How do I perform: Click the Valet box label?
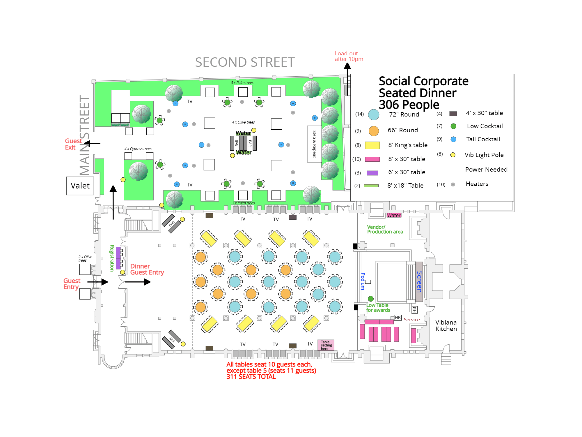80,186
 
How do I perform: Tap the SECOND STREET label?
245,62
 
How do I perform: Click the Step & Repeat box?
314,144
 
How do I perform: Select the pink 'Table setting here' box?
326,345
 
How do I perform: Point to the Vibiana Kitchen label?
446,326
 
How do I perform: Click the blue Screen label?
419,282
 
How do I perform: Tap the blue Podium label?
363,281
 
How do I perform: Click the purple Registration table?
118,258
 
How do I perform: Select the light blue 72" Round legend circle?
374,115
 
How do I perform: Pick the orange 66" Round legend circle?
374,131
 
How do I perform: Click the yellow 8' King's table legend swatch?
372,145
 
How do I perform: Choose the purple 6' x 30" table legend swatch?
372,173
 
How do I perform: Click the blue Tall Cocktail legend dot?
453,139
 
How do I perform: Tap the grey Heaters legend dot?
453,184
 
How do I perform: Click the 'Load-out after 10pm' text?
349,56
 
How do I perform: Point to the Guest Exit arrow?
92,144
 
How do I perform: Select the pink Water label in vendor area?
394,215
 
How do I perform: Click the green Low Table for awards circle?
371,299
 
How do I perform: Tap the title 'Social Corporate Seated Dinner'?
423,87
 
